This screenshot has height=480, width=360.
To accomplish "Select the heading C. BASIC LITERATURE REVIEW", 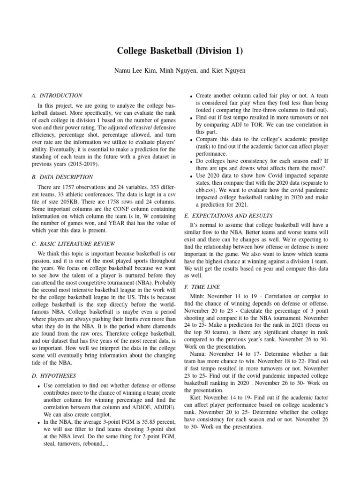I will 74,244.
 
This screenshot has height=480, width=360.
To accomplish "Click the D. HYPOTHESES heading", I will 53,375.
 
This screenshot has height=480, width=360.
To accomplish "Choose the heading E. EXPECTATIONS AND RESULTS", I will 229,216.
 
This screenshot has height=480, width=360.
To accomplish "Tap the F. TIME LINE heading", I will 202,286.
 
